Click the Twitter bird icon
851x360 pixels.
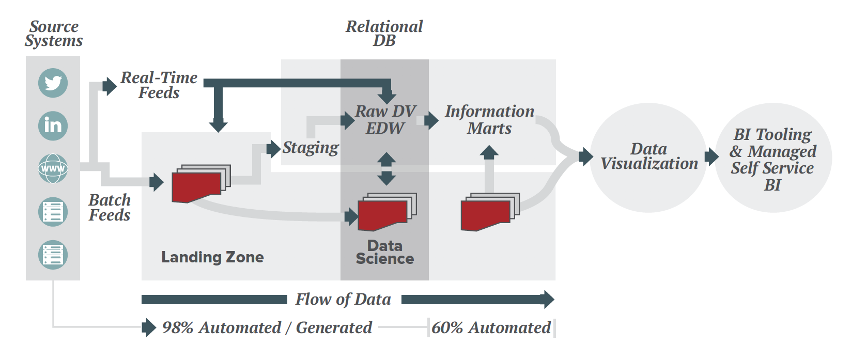pyautogui.click(x=53, y=83)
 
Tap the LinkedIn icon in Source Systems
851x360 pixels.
pyautogui.click(x=53, y=126)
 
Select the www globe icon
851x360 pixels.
pyautogui.click(x=53, y=168)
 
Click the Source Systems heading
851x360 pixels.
pyautogui.click(x=54, y=34)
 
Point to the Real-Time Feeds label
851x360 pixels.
pyautogui.click(x=159, y=85)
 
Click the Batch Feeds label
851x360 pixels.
pyautogui.click(x=110, y=208)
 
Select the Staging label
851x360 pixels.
pyautogui.click(x=310, y=148)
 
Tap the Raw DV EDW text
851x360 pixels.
pyautogui.click(x=385, y=119)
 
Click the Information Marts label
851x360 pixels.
pyautogui.click(x=489, y=119)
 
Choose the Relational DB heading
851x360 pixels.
pyautogui.click(x=384, y=34)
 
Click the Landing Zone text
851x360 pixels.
pyautogui.click(x=212, y=257)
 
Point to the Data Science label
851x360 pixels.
pyautogui.click(x=384, y=252)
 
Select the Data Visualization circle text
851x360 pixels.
pyautogui.click(x=648, y=156)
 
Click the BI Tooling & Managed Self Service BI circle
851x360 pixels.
pyautogui.click(x=772, y=159)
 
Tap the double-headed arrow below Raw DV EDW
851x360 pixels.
pyautogui.click(x=386, y=169)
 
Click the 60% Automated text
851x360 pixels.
pyautogui.click(x=491, y=327)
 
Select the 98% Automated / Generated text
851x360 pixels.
pyautogui.click(x=267, y=327)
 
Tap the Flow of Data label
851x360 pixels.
pyautogui.click(x=343, y=299)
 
